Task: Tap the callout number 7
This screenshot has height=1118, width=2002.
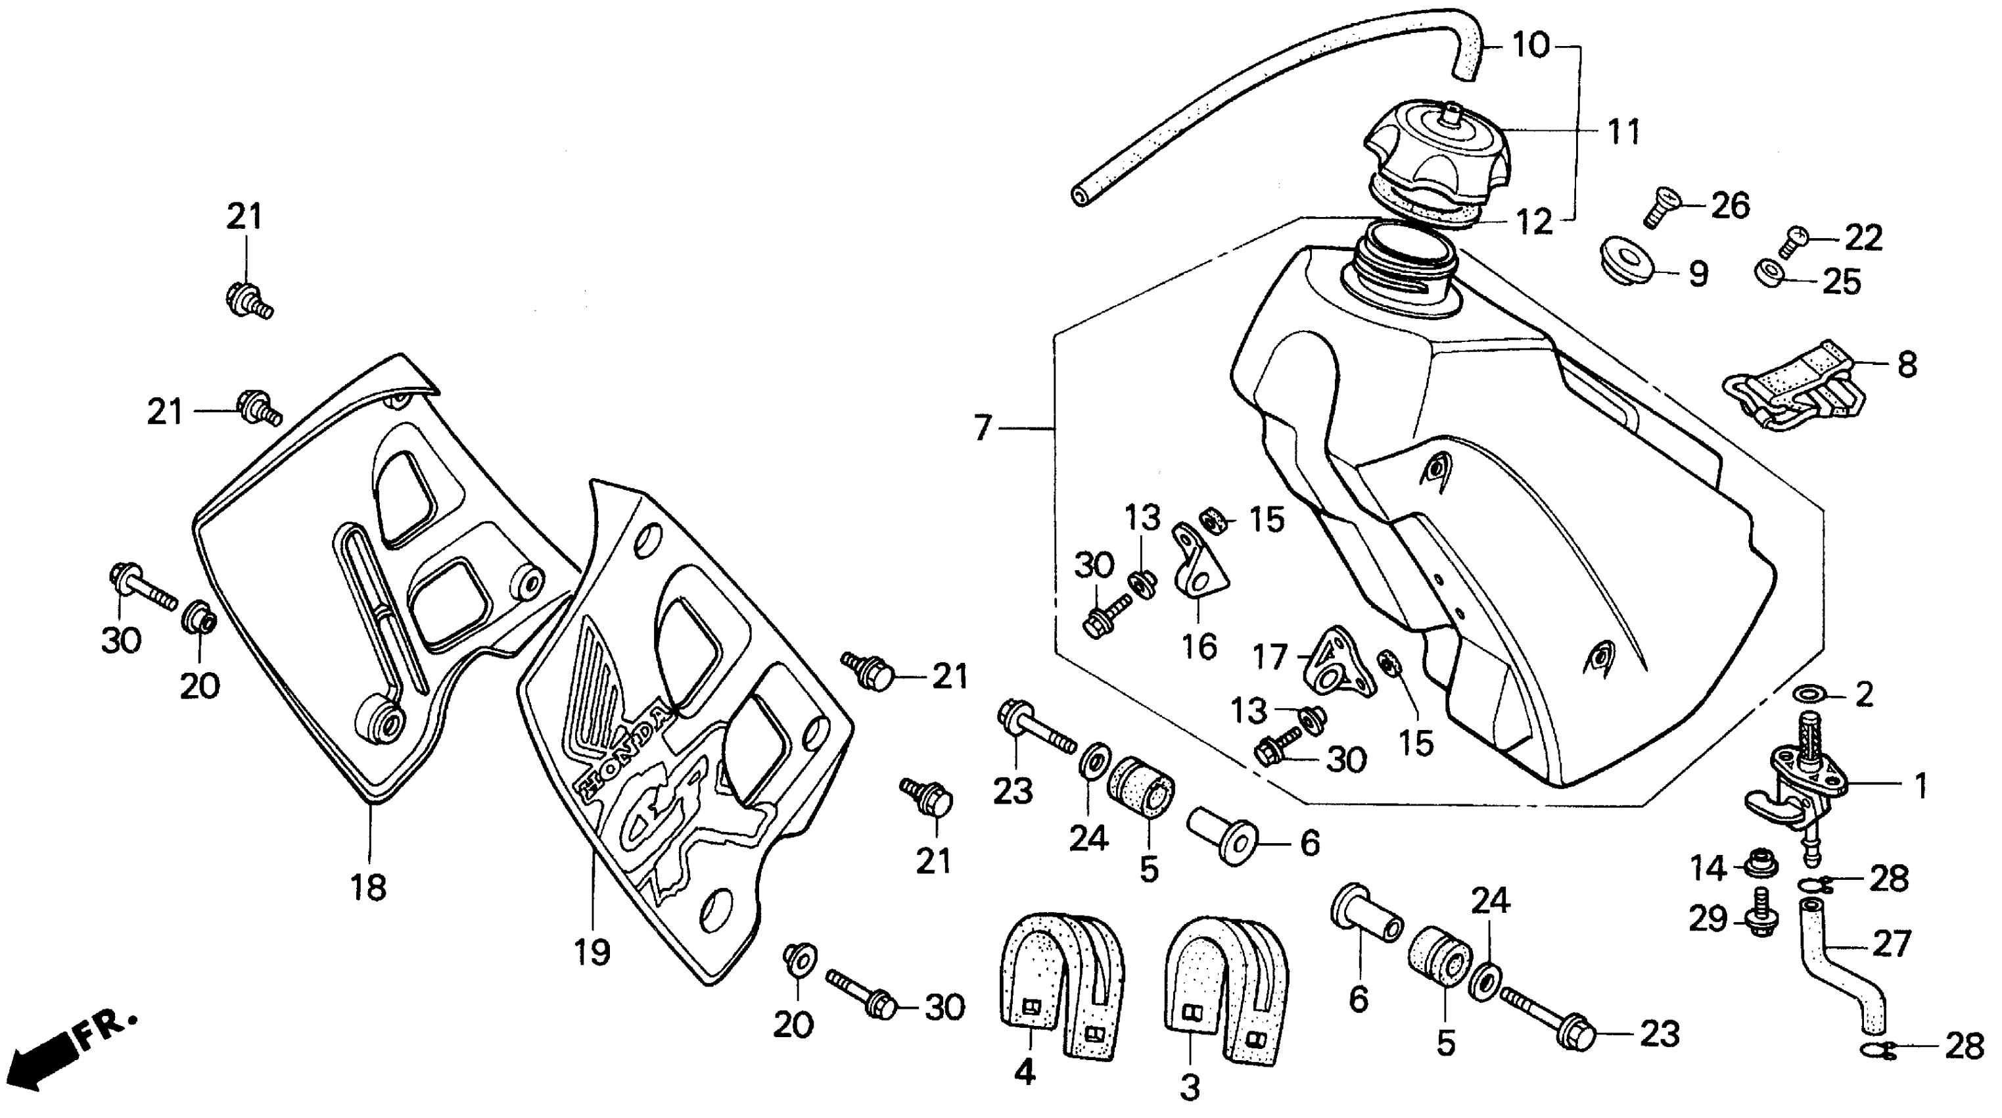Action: pyautogui.click(x=983, y=428)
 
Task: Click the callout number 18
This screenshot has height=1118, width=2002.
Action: pyautogui.click(x=368, y=887)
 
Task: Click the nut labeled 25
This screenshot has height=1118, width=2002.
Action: pyautogui.click(x=1769, y=274)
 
